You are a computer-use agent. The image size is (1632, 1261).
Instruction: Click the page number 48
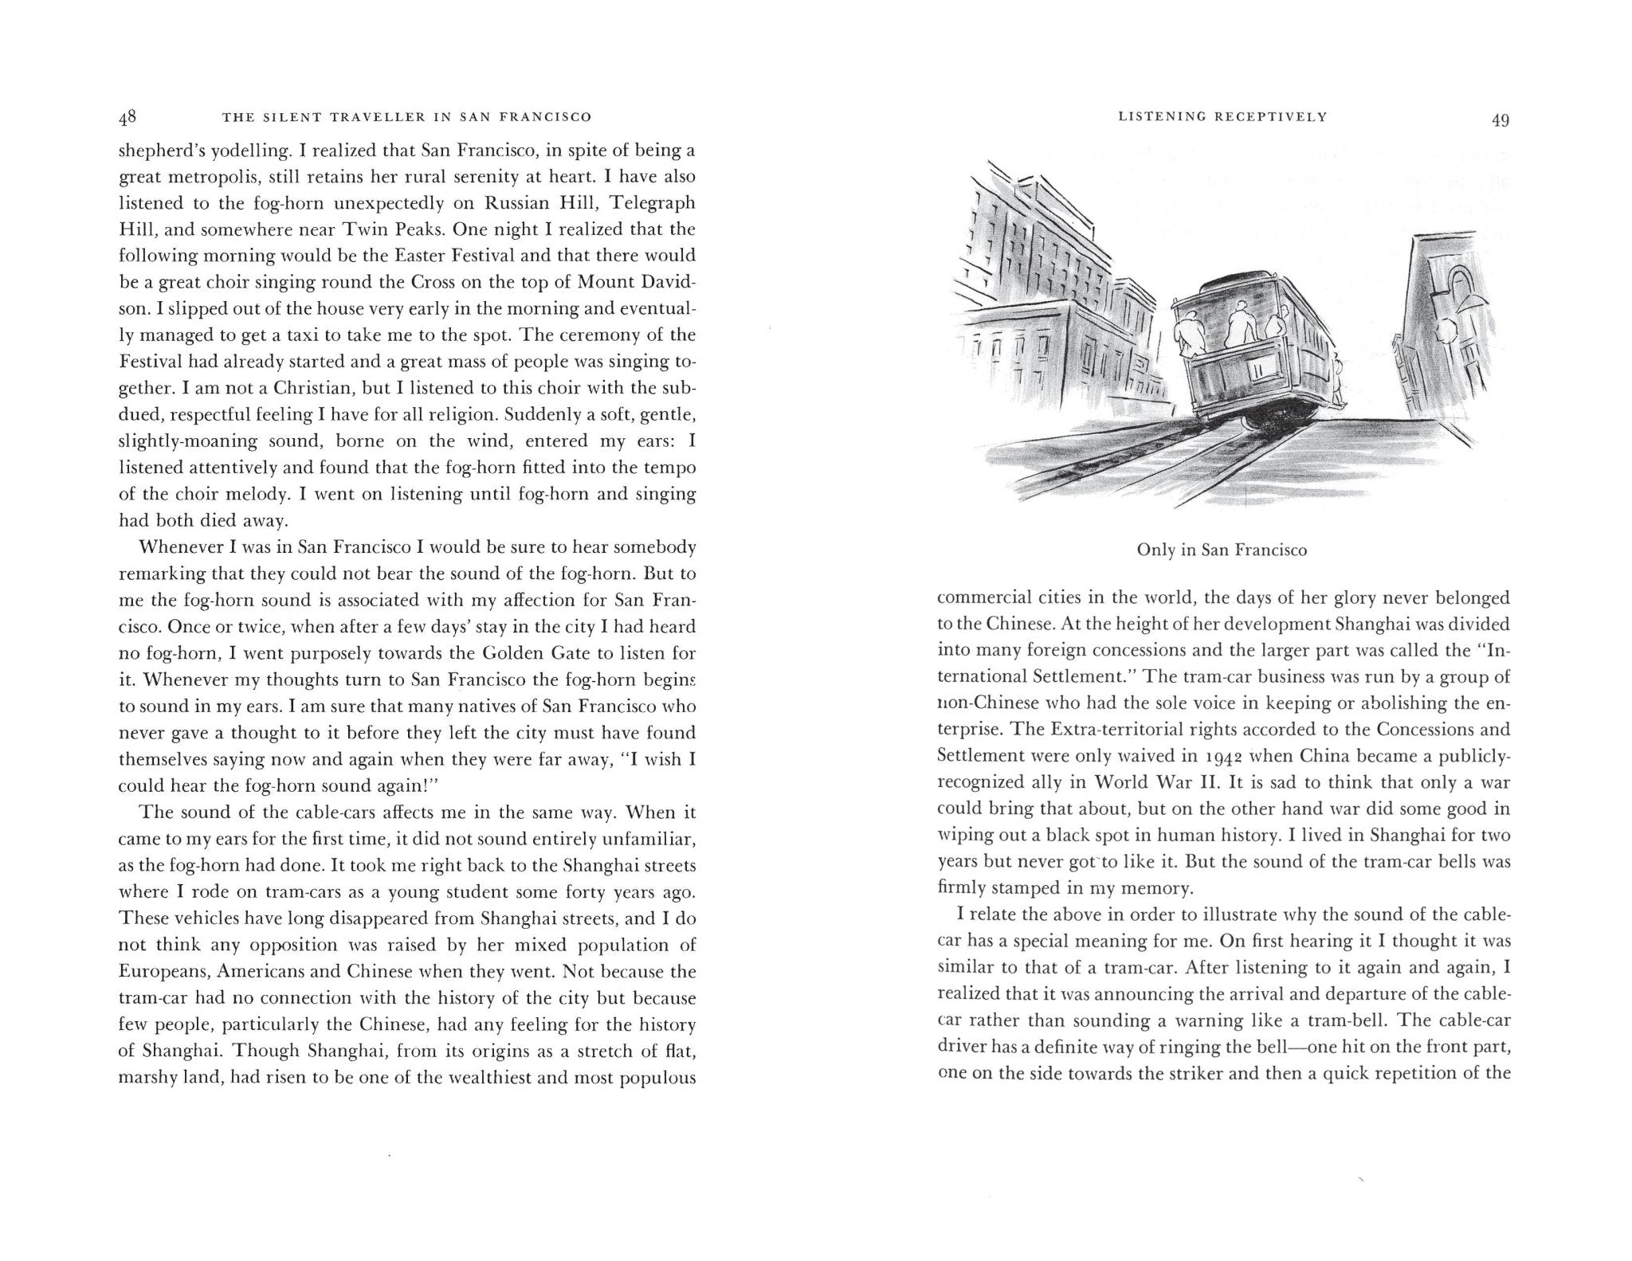(127, 118)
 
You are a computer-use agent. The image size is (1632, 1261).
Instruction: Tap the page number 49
(1501, 119)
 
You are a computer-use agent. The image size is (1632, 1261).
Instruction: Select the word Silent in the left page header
(291, 117)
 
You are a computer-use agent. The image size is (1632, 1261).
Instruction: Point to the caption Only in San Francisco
(1222, 550)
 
